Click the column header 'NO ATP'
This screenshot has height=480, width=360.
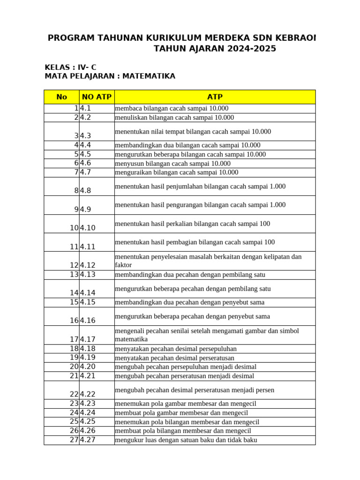[97, 97]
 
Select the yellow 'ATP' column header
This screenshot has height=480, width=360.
[215, 97]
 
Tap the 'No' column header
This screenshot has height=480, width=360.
[61, 97]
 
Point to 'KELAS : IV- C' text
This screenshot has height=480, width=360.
[70, 67]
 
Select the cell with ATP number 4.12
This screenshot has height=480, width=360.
[97, 265]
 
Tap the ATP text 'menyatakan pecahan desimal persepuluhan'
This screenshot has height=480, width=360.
[176, 349]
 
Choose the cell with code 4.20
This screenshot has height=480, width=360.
[97, 367]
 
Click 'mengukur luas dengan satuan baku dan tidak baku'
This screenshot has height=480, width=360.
[186, 440]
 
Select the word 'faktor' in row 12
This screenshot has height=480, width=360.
[124, 265]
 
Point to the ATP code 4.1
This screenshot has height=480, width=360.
[97, 108]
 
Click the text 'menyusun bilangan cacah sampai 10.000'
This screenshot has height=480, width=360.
[172, 164]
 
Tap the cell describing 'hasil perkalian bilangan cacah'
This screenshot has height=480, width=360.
[192, 224]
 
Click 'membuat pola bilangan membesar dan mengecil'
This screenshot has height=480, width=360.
[183, 431]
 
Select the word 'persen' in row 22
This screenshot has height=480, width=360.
[265, 390]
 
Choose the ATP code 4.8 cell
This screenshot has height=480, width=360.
[97, 191]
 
